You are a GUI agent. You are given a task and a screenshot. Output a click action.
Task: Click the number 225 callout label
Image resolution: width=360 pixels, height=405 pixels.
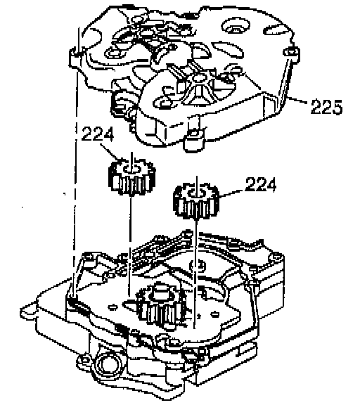(326, 106)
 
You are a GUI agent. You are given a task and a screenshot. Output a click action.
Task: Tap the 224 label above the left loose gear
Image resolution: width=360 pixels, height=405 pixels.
(98, 134)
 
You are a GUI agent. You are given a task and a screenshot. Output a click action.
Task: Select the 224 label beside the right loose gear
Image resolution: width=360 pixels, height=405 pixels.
(261, 184)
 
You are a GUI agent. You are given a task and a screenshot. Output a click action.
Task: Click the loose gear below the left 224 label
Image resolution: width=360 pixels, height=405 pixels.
(132, 177)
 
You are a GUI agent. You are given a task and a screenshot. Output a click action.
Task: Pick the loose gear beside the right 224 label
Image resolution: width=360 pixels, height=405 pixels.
(196, 200)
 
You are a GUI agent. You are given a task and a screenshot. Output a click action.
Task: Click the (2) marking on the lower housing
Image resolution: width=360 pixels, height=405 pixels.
(198, 266)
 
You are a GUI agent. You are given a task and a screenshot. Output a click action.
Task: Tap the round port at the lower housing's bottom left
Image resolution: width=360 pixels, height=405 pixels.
(108, 365)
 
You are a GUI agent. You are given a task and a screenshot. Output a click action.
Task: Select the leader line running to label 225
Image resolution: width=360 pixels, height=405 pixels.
(297, 100)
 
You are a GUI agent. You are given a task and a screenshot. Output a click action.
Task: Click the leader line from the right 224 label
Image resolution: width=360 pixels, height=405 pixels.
(231, 194)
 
